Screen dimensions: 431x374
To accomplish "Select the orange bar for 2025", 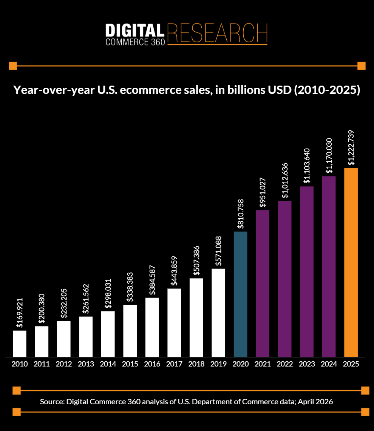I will pyautogui.click(x=351, y=262).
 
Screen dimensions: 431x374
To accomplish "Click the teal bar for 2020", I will pyautogui.click(x=241, y=294).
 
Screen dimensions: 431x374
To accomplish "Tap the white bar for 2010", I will pyautogui.click(x=20, y=344).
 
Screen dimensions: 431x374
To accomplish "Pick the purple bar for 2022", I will pyautogui.click(x=285, y=279).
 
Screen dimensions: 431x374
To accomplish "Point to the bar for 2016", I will pyautogui.click(x=152, y=327).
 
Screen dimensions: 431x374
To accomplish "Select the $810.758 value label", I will pyautogui.click(x=241, y=214).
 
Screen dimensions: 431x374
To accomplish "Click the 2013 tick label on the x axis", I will pyautogui.click(x=86, y=364).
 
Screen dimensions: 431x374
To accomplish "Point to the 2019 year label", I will pyautogui.click(x=219, y=364).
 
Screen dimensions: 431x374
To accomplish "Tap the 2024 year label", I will pyautogui.click(x=329, y=364).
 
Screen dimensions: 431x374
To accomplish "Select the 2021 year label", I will pyautogui.click(x=263, y=364).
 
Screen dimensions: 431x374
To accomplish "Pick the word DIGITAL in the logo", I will pyautogui.click(x=135, y=30).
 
